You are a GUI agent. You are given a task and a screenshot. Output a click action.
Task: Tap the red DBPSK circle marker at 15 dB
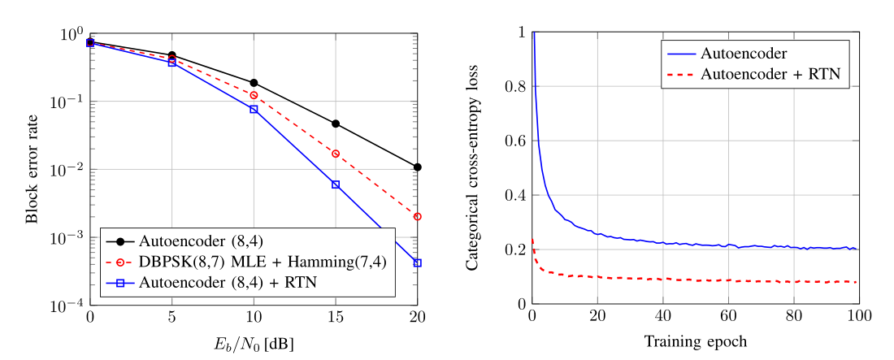click(335, 154)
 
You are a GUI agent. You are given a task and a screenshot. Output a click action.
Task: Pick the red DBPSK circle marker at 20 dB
click(417, 217)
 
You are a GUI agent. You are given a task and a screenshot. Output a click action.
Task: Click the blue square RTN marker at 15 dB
click(335, 184)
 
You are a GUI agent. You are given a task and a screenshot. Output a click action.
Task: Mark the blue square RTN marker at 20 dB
click(417, 262)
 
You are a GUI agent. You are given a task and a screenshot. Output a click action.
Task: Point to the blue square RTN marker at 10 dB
click(254, 109)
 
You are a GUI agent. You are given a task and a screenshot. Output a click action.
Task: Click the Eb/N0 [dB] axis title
click(254, 344)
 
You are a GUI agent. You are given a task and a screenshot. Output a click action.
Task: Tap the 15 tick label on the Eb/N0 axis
click(335, 319)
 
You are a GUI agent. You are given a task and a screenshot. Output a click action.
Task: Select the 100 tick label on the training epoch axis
click(859, 318)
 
